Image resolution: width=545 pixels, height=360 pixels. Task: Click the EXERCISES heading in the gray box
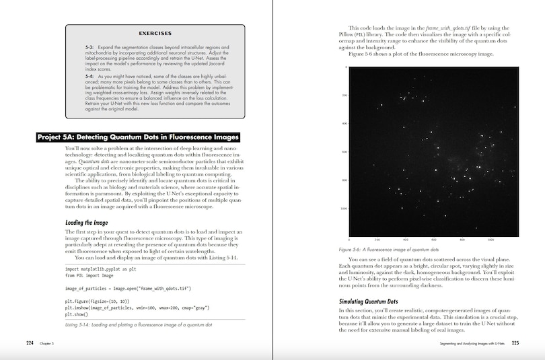[155, 33]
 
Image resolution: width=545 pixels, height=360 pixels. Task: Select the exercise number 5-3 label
[89, 48]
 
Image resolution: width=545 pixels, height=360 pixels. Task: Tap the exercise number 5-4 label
[89, 77]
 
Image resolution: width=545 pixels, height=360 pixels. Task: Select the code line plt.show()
[80, 314]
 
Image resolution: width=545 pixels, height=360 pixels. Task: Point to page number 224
[30, 343]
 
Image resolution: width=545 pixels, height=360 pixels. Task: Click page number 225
[515, 343]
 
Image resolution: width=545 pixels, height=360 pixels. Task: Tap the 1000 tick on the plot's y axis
[343, 209]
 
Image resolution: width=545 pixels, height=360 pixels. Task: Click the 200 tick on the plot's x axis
[377, 240]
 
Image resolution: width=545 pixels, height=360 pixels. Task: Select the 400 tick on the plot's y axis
[344, 124]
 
